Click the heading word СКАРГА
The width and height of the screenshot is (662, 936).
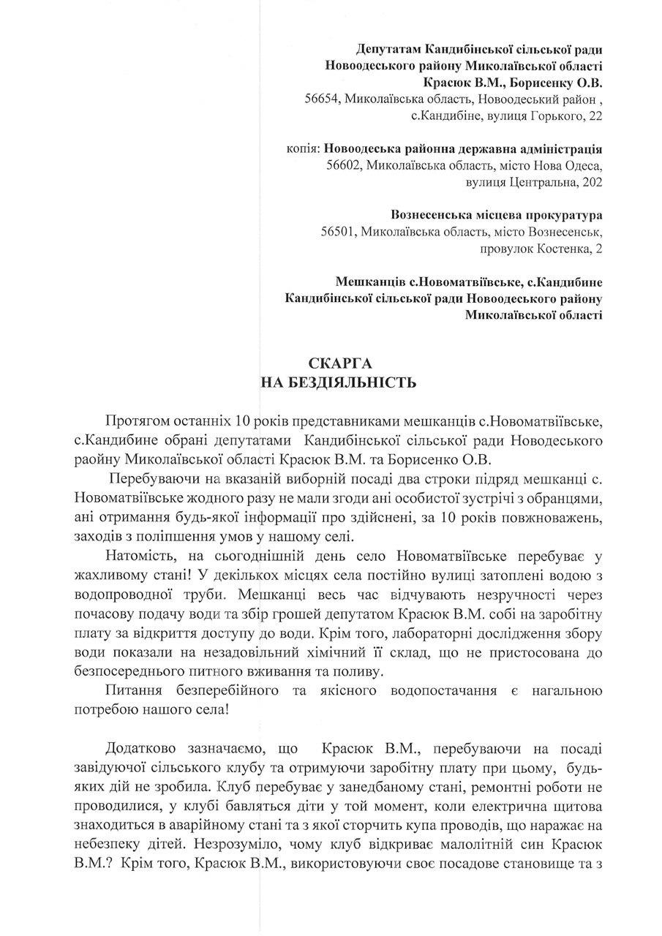pyautogui.click(x=331, y=363)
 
